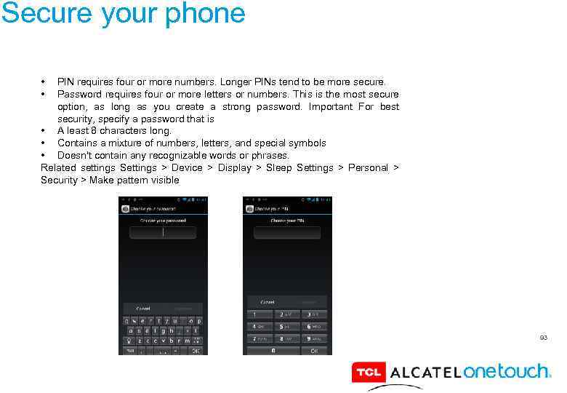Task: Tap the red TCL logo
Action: tap(368, 373)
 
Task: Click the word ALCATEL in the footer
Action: tap(425, 373)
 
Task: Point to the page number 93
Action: tap(543, 338)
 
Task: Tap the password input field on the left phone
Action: tap(164, 232)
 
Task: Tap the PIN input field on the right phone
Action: tap(288, 232)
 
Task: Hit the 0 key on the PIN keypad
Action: tap(273, 351)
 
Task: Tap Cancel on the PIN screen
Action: tap(268, 302)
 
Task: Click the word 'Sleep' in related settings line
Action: tap(278, 168)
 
